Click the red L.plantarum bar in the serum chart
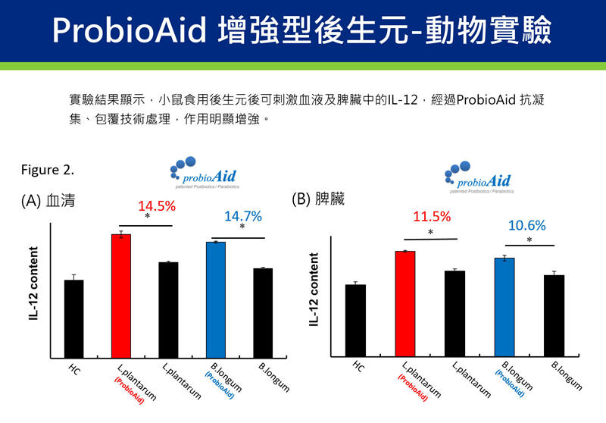coord(121,296)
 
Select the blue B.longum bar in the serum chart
coord(216,299)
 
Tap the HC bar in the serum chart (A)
coord(74,318)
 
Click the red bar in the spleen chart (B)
coord(405,303)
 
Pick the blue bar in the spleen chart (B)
coord(504,307)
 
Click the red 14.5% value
coord(157,206)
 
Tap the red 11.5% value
coord(432,217)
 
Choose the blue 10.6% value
coord(526,226)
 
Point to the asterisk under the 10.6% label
coord(529,240)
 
